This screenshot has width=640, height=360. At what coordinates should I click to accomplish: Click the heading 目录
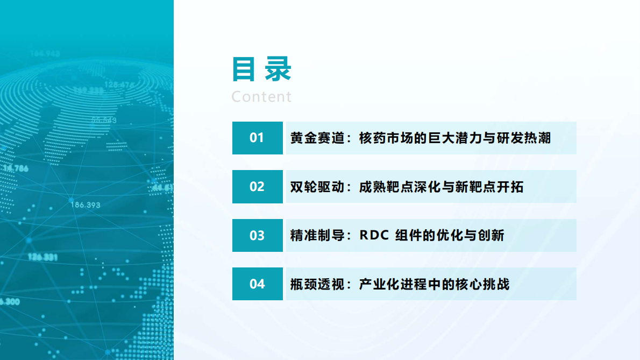(261, 69)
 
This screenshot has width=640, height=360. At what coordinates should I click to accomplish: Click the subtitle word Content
(261, 97)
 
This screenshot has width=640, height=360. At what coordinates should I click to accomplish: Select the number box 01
(257, 138)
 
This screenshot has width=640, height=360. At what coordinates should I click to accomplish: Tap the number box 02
(257, 187)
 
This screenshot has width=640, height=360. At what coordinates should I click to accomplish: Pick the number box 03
(257, 236)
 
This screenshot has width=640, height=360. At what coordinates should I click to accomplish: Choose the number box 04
(257, 284)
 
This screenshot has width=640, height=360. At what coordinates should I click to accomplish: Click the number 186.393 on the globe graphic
(85, 205)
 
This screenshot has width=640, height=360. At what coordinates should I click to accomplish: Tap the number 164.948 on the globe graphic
(45, 53)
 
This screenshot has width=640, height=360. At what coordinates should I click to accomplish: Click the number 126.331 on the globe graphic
(43, 257)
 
